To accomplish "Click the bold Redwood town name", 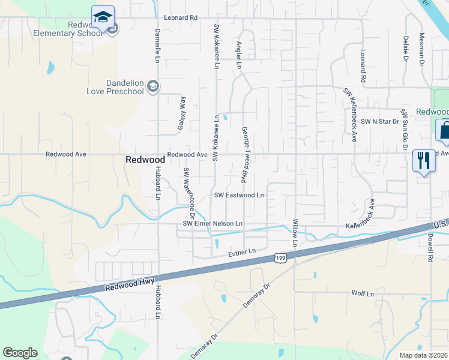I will tap(145, 160).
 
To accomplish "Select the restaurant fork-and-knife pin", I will tap(424, 160).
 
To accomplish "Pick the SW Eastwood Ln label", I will tap(240, 196).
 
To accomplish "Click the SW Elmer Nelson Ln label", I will tap(212, 224).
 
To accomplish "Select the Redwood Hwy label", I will tap(130, 284).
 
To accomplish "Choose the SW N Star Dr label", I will tap(377, 122).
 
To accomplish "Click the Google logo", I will tap(20, 353).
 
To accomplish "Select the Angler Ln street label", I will tap(239, 55).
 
